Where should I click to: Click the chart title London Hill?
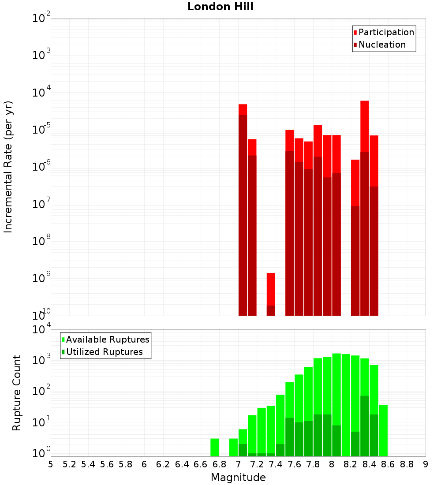pos(220,7)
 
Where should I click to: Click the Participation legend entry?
pos(386,32)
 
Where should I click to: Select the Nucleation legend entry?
pos(382,45)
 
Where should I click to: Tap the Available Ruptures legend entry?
pos(107,339)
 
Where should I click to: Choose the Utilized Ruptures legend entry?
pos(104,352)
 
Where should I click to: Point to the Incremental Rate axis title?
pos(8,167)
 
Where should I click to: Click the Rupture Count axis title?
pos(17,393)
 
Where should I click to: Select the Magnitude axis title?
pos(238,478)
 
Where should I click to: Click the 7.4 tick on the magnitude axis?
pos(276,464)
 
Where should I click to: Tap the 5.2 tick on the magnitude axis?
pos(70,464)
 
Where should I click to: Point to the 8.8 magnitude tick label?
pos(407,464)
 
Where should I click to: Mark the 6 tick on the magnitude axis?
pos(144,464)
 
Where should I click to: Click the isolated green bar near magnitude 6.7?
pos(214,447)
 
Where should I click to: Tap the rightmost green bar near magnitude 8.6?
pos(383,430)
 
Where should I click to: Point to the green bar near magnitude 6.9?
pos(233,447)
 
